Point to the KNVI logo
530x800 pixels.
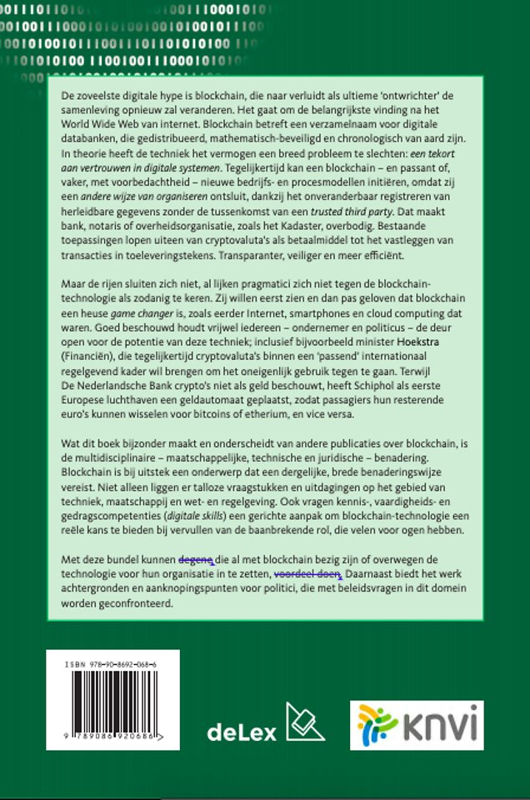(x=416, y=725)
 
